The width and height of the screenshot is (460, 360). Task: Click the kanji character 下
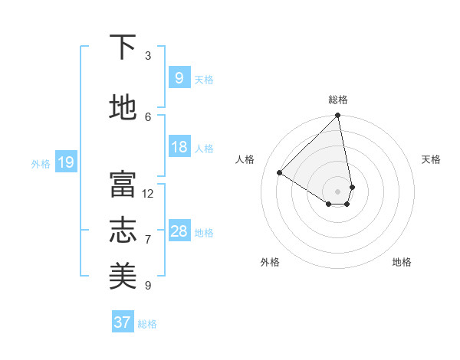click(x=123, y=48)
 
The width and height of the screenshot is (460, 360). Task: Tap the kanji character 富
click(x=123, y=185)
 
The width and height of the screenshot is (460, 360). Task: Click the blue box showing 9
click(x=179, y=78)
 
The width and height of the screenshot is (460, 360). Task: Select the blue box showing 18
click(x=179, y=147)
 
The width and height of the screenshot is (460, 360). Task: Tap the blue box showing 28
click(x=179, y=231)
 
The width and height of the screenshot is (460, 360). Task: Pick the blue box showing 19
click(x=65, y=162)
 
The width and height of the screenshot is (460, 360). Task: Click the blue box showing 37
click(x=122, y=322)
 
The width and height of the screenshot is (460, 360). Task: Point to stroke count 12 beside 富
click(x=148, y=194)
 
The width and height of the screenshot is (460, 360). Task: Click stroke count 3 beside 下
click(x=148, y=56)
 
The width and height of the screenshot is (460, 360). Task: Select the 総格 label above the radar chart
click(x=338, y=100)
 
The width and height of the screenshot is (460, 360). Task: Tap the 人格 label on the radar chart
click(x=245, y=159)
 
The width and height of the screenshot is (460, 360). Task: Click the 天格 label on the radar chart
click(x=431, y=159)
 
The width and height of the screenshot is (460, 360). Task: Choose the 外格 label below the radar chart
click(x=270, y=262)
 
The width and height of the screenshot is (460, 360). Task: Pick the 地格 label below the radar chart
click(x=402, y=262)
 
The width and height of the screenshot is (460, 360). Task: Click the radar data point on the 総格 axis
click(x=338, y=116)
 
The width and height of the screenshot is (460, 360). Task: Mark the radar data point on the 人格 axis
click(x=280, y=173)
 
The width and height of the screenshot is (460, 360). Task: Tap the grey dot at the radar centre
click(x=338, y=191)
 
